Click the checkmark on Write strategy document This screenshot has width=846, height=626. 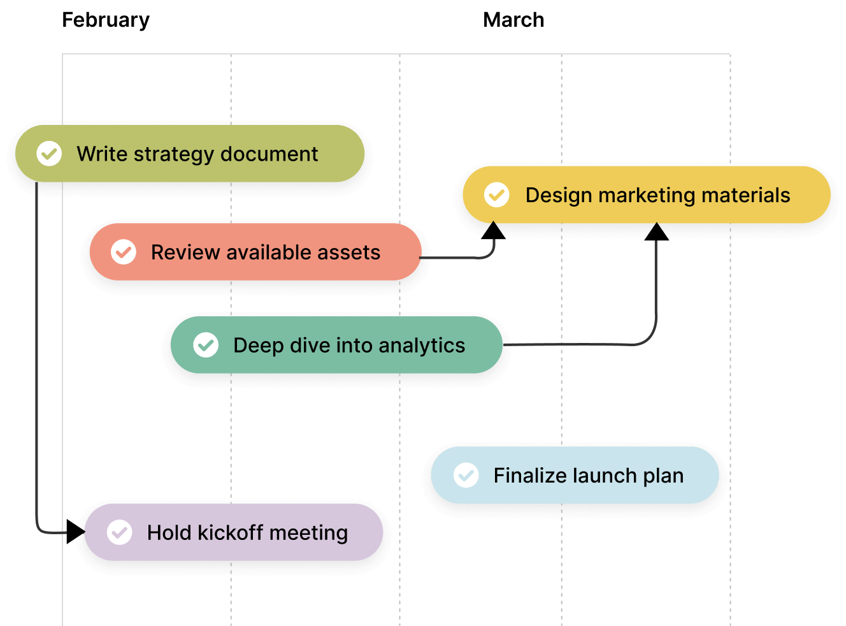[x=49, y=154]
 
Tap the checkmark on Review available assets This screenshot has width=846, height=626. [x=124, y=252]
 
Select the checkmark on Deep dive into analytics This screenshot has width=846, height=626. [x=206, y=345]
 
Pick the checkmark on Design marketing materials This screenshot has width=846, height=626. [x=497, y=194]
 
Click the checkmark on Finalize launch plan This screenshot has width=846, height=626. [x=466, y=475]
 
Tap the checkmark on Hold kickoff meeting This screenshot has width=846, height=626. [x=120, y=532]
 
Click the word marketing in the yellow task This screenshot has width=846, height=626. [x=647, y=195]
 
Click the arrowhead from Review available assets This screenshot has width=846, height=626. [x=493, y=228]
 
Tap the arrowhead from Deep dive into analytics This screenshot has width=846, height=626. [x=656, y=229]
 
